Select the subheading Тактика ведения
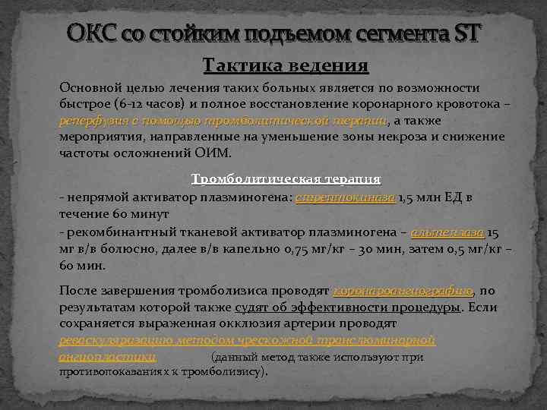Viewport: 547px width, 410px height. [x=286, y=66]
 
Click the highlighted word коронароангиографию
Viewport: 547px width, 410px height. [x=404, y=290]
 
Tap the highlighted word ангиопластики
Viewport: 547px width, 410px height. [x=108, y=356]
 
